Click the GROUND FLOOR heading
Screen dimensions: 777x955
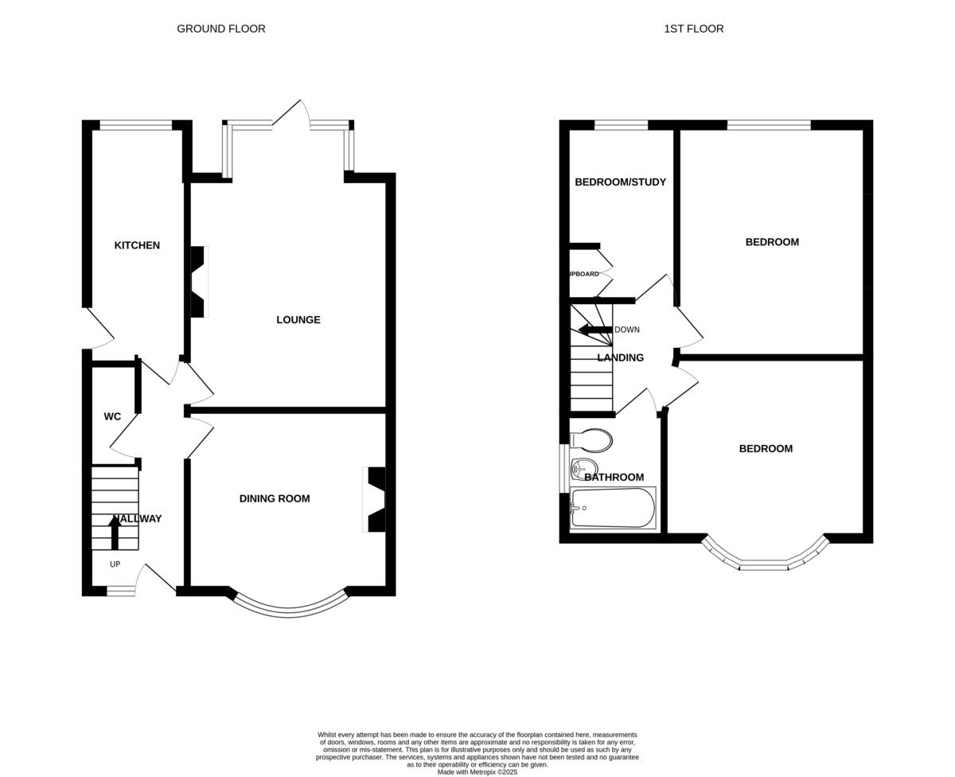tap(221, 29)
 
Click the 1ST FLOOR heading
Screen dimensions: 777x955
tap(693, 29)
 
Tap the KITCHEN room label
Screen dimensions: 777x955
tap(137, 245)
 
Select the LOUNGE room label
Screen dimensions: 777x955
tap(298, 320)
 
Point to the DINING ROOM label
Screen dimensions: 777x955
tap(275, 499)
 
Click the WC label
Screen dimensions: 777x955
tap(112, 416)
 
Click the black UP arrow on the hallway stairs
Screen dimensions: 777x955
tap(115, 531)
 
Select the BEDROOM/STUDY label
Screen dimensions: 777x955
tap(620, 182)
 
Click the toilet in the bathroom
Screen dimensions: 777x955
tap(593, 440)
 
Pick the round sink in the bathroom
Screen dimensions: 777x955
tap(583, 469)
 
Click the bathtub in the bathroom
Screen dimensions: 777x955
tap(613, 508)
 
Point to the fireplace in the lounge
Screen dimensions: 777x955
tap(198, 282)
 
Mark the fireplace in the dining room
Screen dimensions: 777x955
tap(375, 499)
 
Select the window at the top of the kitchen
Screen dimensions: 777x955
tap(135, 125)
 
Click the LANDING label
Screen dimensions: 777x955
tap(620, 358)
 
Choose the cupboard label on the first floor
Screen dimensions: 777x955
tap(583, 274)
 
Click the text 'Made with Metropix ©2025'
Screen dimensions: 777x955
tap(477, 771)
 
